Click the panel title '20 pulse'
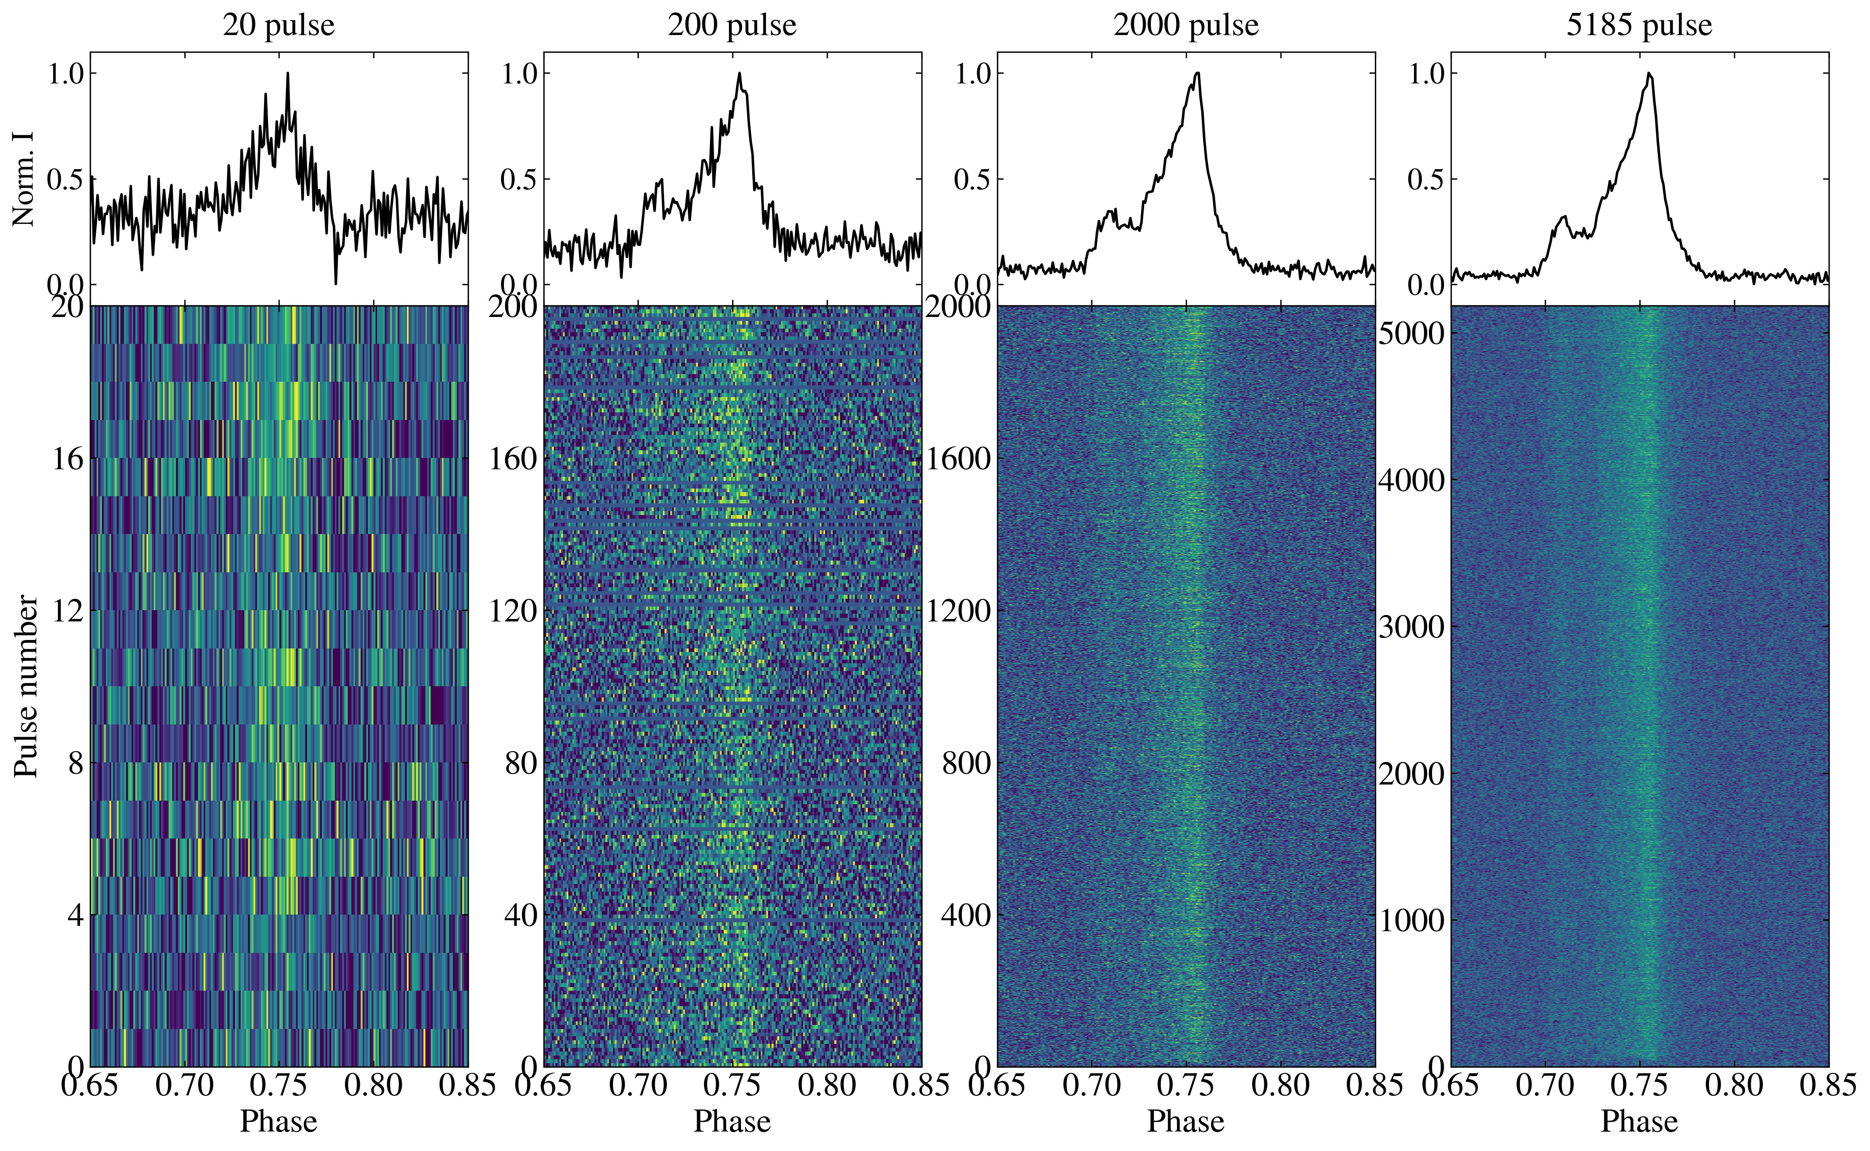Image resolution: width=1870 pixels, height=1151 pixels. pos(279,25)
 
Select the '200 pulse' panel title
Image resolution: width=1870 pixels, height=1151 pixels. pos(732,25)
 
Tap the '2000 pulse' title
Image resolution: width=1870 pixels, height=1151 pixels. pos(1186,25)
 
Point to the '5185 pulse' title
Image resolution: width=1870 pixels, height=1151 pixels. pos(1639,25)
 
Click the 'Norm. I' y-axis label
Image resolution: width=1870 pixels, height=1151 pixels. pos(24,179)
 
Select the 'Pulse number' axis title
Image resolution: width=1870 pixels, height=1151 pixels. pos(26,687)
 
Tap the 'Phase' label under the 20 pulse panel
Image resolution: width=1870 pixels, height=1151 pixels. pos(279,1121)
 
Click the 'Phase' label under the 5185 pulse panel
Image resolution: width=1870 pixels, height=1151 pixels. pos(1639,1121)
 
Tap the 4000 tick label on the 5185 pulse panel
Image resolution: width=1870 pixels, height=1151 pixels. pos(1411,480)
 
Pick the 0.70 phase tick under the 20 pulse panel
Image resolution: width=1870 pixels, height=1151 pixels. pos(185,1085)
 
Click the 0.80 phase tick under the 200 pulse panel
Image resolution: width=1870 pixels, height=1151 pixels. pos(827,1085)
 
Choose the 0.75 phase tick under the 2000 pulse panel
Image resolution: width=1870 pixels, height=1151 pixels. pos(1186,1085)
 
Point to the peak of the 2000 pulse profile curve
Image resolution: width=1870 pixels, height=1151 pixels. pos(1197,73)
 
